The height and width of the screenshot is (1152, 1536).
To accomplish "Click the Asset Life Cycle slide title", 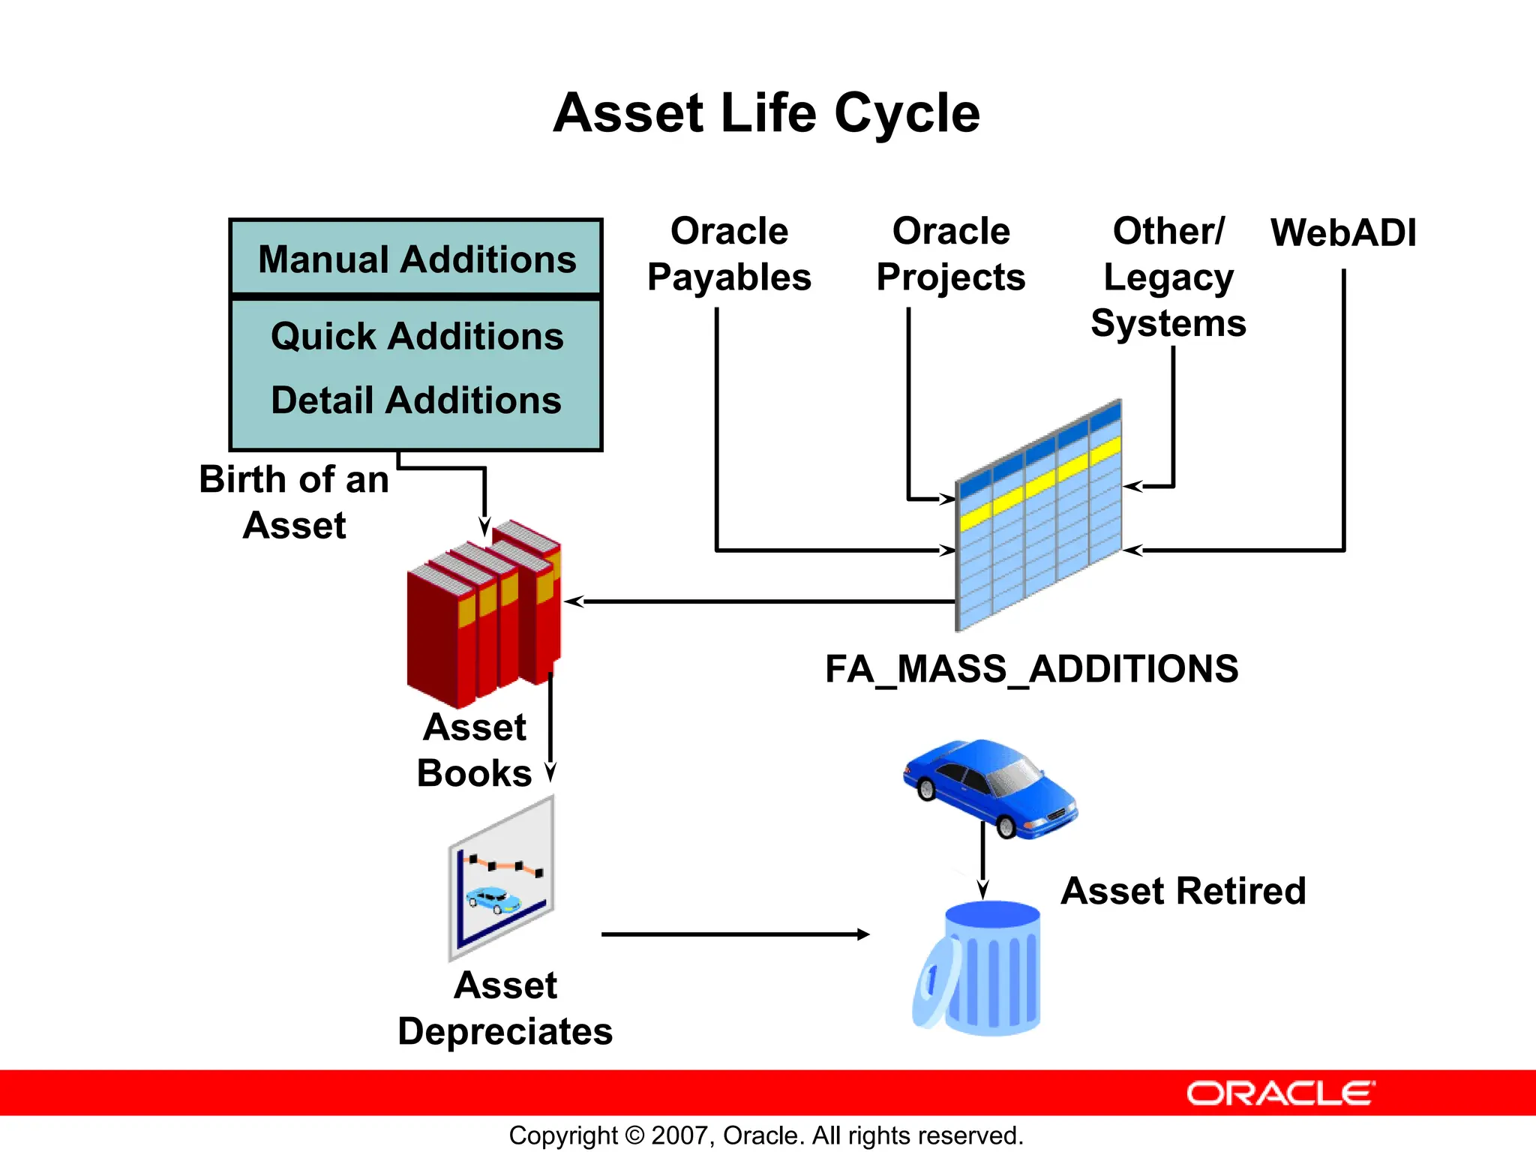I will click(766, 113).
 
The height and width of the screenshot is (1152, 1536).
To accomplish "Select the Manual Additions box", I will click(416, 259).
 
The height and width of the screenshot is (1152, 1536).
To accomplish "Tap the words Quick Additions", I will click(417, 336).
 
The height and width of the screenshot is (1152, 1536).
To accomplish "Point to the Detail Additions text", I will click(416, 400).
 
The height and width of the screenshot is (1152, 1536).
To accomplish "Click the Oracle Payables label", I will click(729, 254).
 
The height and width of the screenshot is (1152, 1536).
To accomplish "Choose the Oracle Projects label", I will click(950, 254).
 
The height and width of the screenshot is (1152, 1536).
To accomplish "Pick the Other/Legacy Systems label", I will click(1168, 277).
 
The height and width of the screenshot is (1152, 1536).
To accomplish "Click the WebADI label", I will click(1343, 232).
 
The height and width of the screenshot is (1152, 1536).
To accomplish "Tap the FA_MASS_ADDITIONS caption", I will click(1031, 669).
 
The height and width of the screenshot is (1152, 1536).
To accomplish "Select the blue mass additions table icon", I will click(1039, 517).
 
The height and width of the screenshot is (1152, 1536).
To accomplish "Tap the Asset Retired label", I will click(1183, 891).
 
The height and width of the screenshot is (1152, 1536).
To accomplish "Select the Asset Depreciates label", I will click(505, 1009).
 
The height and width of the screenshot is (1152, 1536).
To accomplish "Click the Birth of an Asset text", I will click(294, 502).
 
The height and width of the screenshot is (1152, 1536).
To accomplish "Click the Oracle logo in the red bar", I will click(1280, 1093).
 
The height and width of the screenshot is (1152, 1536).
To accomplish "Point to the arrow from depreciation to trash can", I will click(735, 934).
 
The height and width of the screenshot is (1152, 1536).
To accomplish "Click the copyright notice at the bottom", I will click(766, 1135).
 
